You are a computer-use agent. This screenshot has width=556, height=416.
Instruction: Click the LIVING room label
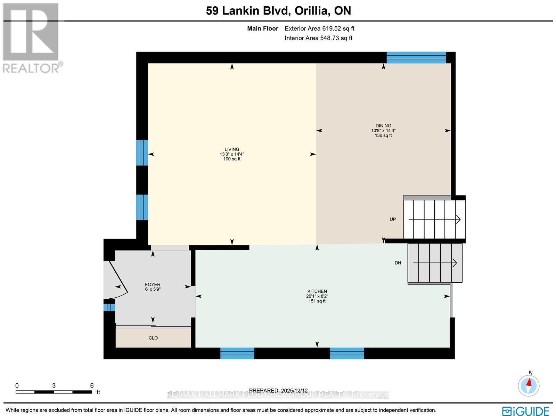coord(232,149)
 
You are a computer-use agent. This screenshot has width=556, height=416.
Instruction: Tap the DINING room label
coord(383,126)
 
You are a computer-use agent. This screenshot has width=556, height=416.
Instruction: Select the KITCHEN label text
coord(317,291)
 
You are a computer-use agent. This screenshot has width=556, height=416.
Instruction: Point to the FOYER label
coord(153,284)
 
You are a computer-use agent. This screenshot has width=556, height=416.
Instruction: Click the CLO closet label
coord(153,338)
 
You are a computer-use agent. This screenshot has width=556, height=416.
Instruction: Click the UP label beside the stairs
coord(393,219)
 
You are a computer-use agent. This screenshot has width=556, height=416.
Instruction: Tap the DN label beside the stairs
coord(398,263)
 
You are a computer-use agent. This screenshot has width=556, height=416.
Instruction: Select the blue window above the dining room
coord(416,57)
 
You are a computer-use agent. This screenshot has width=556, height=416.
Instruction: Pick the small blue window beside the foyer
coord(109,308)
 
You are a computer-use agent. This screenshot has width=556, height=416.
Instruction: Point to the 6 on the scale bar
coord(92,385)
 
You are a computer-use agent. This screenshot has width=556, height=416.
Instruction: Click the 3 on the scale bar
coord(54,385)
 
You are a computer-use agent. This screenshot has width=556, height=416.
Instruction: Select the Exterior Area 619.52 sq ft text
coord(319,29)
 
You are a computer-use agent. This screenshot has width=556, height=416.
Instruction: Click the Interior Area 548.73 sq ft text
coord(318,38)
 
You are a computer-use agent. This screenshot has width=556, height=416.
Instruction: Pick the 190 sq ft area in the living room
coord(232,159)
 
